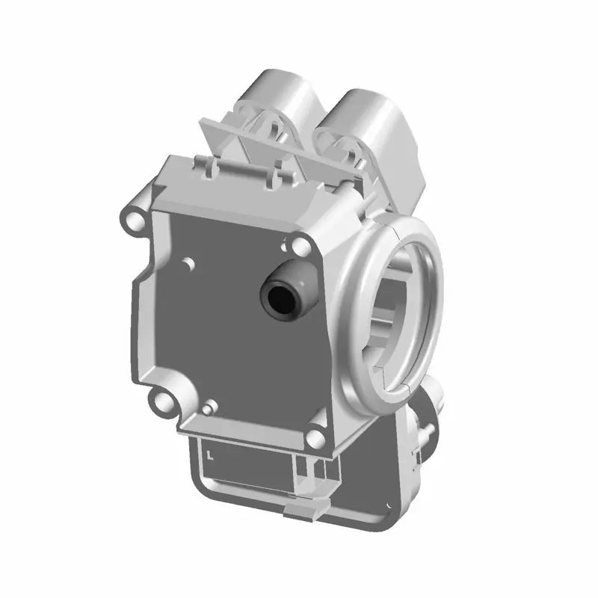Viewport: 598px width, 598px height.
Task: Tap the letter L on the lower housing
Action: click(212, 453)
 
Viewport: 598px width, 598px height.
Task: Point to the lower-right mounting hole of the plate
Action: click(210, 407)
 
